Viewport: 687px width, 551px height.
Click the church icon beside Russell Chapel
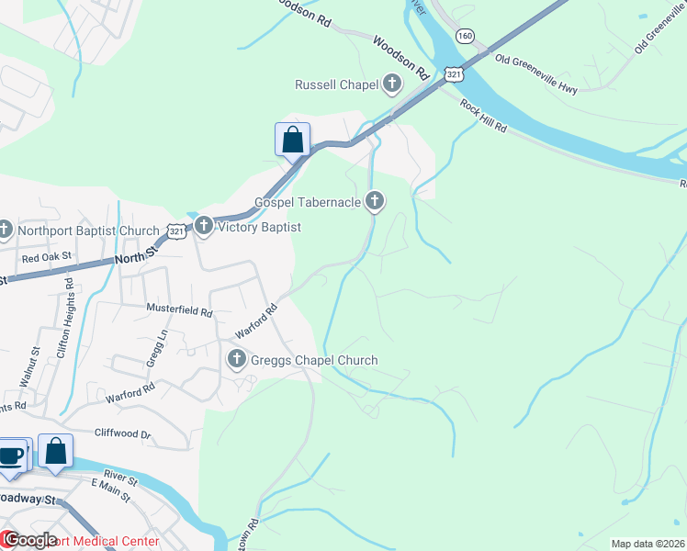pyautogui.click(x=392, y=85)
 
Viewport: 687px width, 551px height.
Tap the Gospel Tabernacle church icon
pyautogui.click(x=374, y=201)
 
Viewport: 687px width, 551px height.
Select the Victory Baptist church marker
pyautogui.click(x=203, y=226)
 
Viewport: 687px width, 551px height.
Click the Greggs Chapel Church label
pyautogui.click(x=314, y=360)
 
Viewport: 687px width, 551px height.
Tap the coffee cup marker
pyautogui.click(x=11, y=455)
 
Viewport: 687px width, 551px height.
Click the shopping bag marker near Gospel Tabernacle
pyautogui.click(x=292, y=141)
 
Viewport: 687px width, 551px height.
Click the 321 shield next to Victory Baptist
pyautogui.click(x=177, y=232)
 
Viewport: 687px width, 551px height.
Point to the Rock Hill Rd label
pyautogui.click(x=483, y=116)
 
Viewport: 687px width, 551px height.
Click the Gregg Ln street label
pyautogui.click(x=152, y=349)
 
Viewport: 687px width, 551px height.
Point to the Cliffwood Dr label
pyautogui.click(x=122, y=433)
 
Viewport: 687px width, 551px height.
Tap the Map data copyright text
pyautogui.click(x=646, y=544)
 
